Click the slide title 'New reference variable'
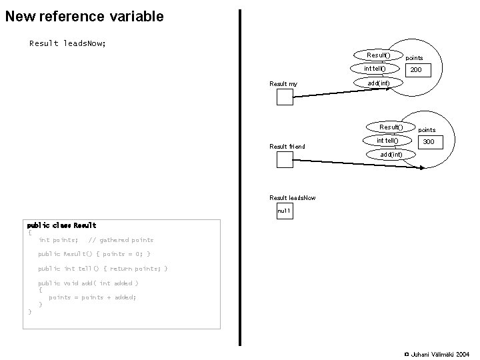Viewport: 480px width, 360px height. click(x=84, y=16)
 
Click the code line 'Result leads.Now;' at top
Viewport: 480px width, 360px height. click(x=67, y=43)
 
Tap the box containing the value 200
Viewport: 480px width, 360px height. click(x=415, y=70)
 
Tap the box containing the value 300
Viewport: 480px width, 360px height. click(x=429, y=142)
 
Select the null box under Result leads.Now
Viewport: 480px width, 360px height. click(x=285, y=211)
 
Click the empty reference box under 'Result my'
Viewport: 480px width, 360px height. click(x=285, y=97)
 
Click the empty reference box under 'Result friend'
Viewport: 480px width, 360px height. click(x=285, y=159)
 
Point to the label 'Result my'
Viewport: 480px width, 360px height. click(x=283, y=84)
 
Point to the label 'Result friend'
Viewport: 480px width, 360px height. click(x=287, y=147)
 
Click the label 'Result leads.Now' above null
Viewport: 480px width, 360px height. click(x=293, y=198)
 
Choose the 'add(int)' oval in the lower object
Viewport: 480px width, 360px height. click(x=391, y=155)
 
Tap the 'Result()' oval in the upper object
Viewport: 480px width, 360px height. click(x=378, y=54)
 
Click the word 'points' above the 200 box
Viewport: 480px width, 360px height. click(x=414, y=58)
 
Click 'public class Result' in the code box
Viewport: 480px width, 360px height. click(x=61, y=225)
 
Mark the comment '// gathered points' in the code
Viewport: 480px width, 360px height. click(x=121, y=240)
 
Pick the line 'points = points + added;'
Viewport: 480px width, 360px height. click(x=93, y=297)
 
